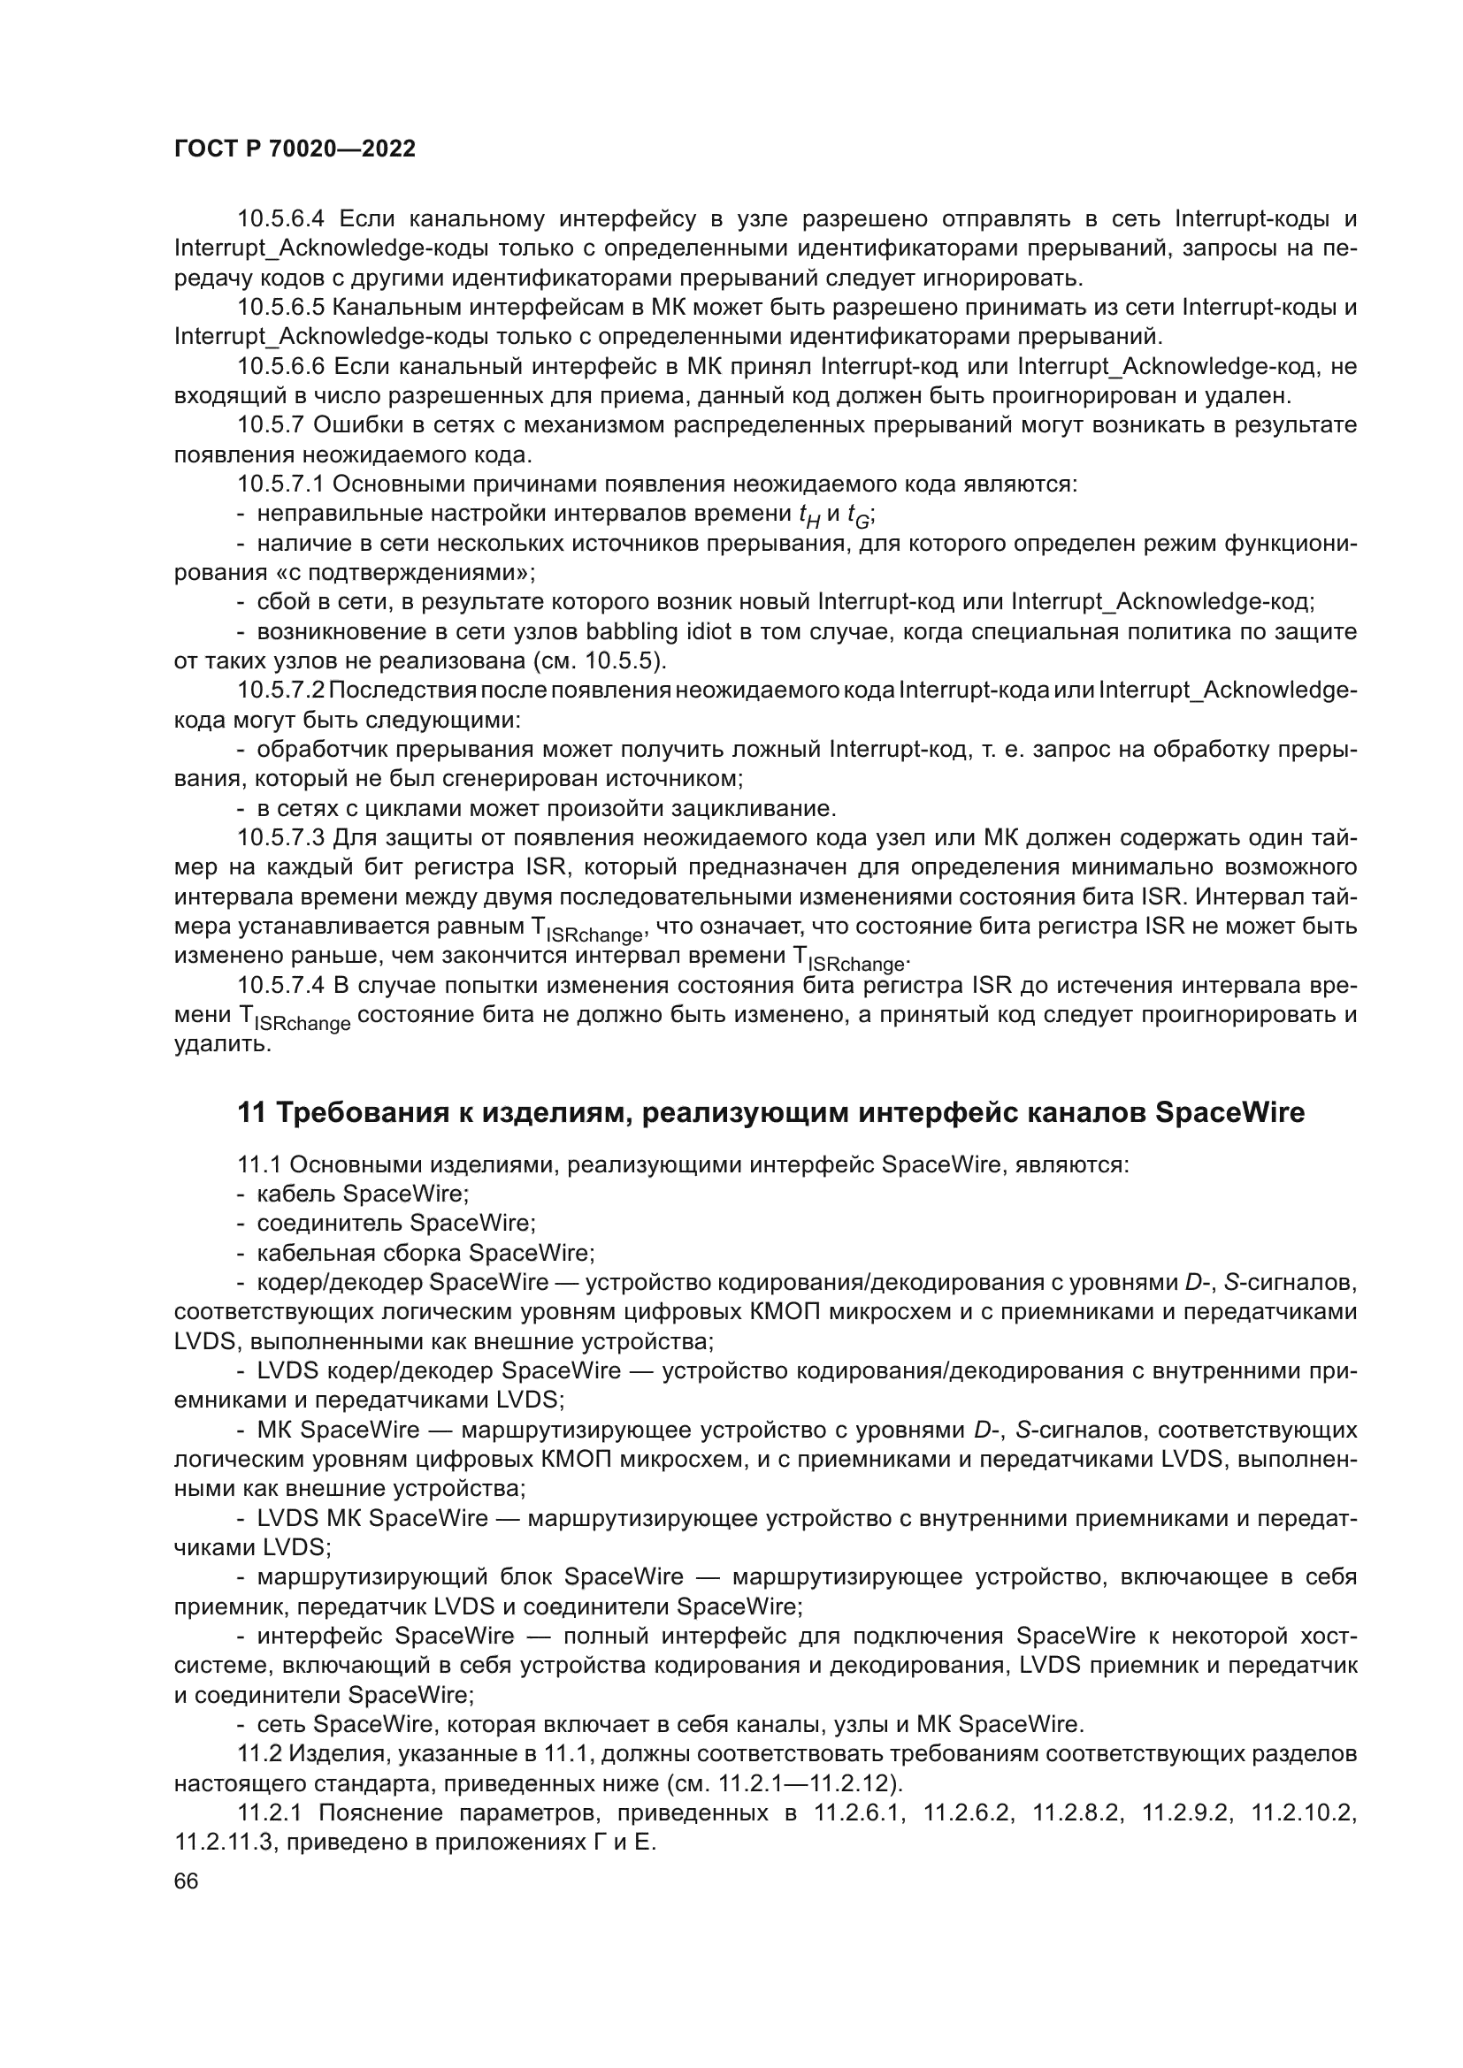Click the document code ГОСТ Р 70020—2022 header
coord(295,149)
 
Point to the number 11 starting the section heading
coord(251,1113)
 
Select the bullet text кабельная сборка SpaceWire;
coord(425,1253)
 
